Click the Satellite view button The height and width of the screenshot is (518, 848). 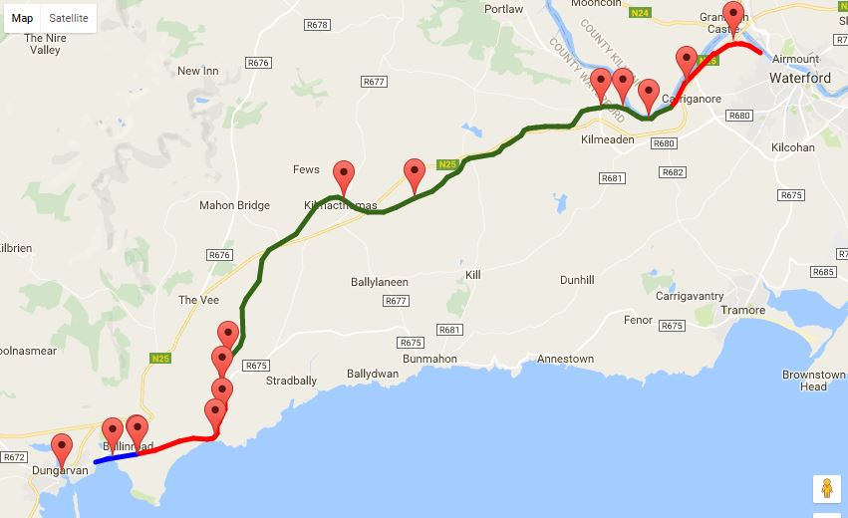69,18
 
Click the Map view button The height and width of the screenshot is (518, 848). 23,18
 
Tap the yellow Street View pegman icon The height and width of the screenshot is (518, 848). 826,488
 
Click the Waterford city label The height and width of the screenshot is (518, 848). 799,78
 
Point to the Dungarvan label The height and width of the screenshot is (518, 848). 60,470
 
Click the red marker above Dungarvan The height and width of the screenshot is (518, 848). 63,449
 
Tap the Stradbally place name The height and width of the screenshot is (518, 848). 291,381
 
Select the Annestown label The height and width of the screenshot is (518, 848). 565,359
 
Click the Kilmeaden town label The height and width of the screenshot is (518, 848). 607,140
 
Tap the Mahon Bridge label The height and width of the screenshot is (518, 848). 234,205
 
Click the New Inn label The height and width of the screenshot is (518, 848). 197,71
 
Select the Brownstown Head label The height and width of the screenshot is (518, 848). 814,380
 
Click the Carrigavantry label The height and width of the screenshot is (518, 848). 689,296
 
